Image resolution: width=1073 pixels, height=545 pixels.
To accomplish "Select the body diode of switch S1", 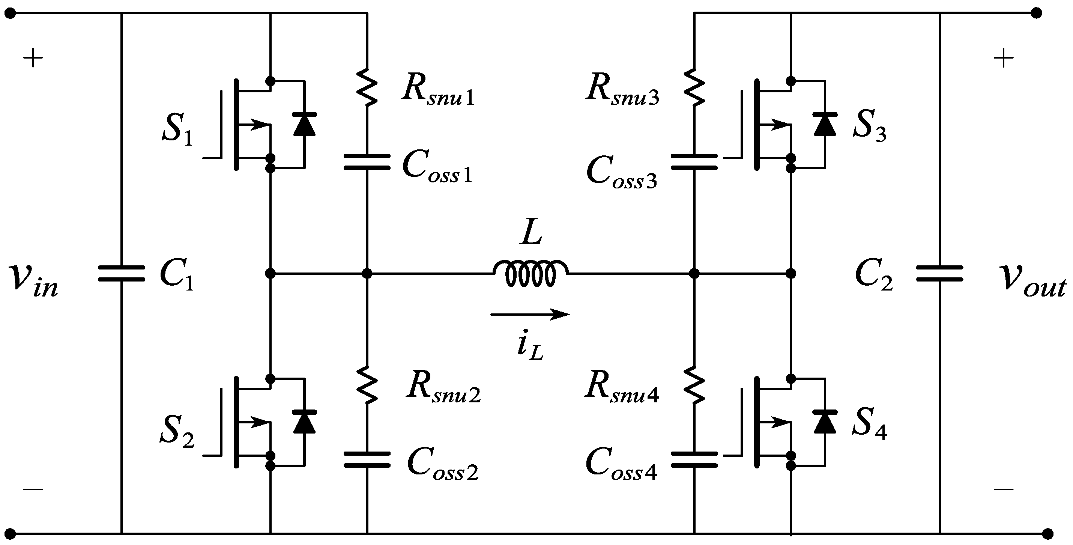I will [304, 124].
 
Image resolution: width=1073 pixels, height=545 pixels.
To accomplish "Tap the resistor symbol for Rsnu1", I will [367, 87].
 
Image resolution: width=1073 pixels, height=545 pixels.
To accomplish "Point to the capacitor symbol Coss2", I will [367, 459].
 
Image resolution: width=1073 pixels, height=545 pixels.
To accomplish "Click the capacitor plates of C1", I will [121, 273].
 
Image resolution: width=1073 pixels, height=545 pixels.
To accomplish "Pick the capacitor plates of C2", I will [939, 273].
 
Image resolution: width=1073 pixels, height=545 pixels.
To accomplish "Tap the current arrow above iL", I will [530, 314].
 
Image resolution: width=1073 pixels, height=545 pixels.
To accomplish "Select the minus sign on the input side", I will [33, 489].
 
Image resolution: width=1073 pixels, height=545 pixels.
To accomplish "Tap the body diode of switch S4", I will [825, 422].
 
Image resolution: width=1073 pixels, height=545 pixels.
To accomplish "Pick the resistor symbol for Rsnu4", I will [694, 385].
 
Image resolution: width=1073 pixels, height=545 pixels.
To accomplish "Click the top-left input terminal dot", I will [10, 14].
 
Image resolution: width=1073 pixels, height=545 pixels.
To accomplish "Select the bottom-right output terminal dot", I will [1047, 533].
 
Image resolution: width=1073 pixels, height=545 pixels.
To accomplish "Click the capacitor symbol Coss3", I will [694, 162].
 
